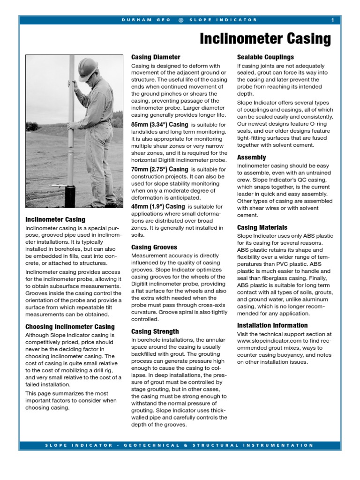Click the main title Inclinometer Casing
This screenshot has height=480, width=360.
click(x=265, y=38)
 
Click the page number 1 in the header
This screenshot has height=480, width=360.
click(x=332, y=20)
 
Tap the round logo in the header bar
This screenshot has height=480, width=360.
click(x=181, y=20)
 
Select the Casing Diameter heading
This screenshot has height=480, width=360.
click(x=156, y=57)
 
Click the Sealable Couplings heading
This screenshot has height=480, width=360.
click(x=265, y=57)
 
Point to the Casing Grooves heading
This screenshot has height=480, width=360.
click(x=154, y=247)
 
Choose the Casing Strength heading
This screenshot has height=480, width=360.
click(x=155, y=331)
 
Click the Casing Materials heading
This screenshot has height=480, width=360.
click(x=262, y=227)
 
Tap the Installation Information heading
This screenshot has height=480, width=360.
click(x=272, y=325)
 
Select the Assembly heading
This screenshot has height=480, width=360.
click(x=251, y=157)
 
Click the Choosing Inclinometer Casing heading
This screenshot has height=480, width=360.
click(x=70, y=327)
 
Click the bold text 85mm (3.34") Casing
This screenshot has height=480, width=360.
click(x=159, y=125)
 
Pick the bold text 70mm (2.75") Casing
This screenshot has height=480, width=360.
click(x=159, y=169)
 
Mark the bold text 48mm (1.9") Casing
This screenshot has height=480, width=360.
click(x=158, y=206)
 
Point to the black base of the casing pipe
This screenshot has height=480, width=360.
click(x=70, y=196)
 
